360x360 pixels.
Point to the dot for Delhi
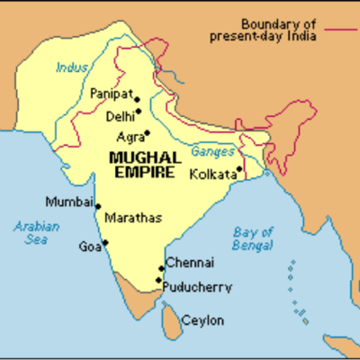138,112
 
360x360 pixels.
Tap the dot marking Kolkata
239,166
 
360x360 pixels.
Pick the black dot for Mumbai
97,206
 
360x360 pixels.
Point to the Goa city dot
105,241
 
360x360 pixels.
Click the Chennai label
189,263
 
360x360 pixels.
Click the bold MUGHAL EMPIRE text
139,162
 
